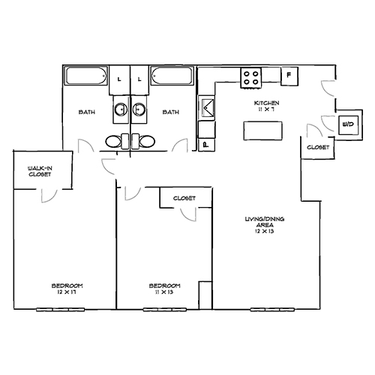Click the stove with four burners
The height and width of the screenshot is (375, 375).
pos(250,76)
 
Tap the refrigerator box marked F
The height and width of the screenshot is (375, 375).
pos(289,75)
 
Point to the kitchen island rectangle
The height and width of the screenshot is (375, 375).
pos(263,130)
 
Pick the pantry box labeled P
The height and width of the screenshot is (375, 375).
pos(204,143)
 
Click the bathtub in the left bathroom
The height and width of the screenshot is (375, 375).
pos(86,76)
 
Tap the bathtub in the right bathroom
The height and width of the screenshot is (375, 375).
pos(172,76)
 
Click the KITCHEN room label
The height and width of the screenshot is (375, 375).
pos(267,102)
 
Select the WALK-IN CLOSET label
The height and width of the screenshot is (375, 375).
pos(40,170)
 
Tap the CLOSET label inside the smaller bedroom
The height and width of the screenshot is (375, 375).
pos(184,198)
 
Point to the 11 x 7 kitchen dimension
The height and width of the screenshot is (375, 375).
pos(267,109)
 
